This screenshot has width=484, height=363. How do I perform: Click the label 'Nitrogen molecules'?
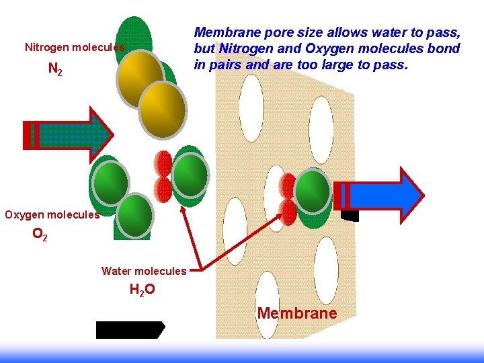pyautogui.click(x=74, y=48)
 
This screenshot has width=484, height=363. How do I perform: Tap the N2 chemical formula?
pyautogui.click(x=55, y=69)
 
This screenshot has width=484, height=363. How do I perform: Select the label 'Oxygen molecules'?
pyautogui.click(x=52, y=215)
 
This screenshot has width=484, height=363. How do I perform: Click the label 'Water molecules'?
pyautogui.click(x=143, y=272)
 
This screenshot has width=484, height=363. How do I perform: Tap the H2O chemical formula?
pyautogui.click(x=142, y=290)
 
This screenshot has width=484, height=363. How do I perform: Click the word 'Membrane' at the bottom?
pyautogui.click(x=297, y=313)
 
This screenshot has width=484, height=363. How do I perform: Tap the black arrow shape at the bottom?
pyautogui.click(x=130, y=329)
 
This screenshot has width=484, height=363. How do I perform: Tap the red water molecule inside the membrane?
pyautogui.click(x=288, y=199)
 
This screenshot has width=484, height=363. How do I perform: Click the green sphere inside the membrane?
pyautogui.click(x=313, y=190)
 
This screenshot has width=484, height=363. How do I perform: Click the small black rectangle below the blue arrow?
pyautogui.click(x=350, y=216)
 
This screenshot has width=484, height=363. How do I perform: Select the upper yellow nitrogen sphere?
pyautogui.click(x=140, y=75)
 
